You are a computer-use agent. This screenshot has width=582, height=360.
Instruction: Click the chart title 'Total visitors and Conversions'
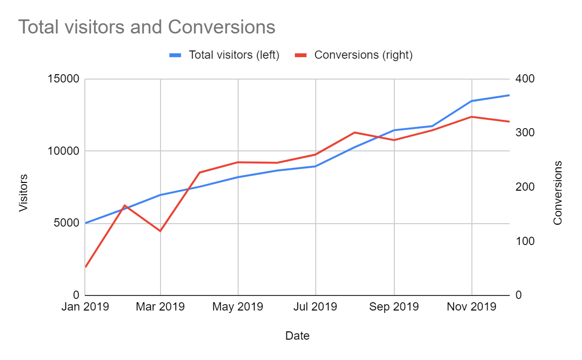pyautogui.click(x=146, y=27)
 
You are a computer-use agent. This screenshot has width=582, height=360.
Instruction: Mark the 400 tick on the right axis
pyautogui.click(x=524, y=79)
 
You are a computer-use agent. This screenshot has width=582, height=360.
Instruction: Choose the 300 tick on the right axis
pyautogui.click(x=524, y=133)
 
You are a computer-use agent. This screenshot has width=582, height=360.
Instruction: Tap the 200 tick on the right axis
pyautogui.click(x=524, y=187)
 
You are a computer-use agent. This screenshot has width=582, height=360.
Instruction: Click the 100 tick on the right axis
pyautogui.click(x=524, y=241)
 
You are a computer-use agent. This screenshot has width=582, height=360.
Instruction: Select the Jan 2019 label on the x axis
pyautogui.click(x=85, y=307)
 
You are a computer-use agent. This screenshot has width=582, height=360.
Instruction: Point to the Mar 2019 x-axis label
pyautogui.click(x=161, y=307)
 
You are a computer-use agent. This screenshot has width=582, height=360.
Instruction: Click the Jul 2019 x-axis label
pyautogui.click(x=316, y=307)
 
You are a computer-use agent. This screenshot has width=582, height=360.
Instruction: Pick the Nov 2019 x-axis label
pyautogui.click(x=472, y=307)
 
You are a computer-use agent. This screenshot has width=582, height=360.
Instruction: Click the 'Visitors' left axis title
pyautogui.click(x=23, y=193)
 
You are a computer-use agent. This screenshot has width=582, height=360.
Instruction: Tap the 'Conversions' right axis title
pyautogui.click(x=558, y=193)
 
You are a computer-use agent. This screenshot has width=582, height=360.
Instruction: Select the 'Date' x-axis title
pyautogui.click(x=297, y=336)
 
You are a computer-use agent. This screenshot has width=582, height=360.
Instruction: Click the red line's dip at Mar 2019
pyautogui.click(x=160, y=231)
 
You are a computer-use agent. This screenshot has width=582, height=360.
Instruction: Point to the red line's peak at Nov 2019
pyautogui.click(x=472, y=116)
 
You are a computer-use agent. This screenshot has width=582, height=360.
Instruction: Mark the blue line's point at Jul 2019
pyautogui.click(x=316, y=166)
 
